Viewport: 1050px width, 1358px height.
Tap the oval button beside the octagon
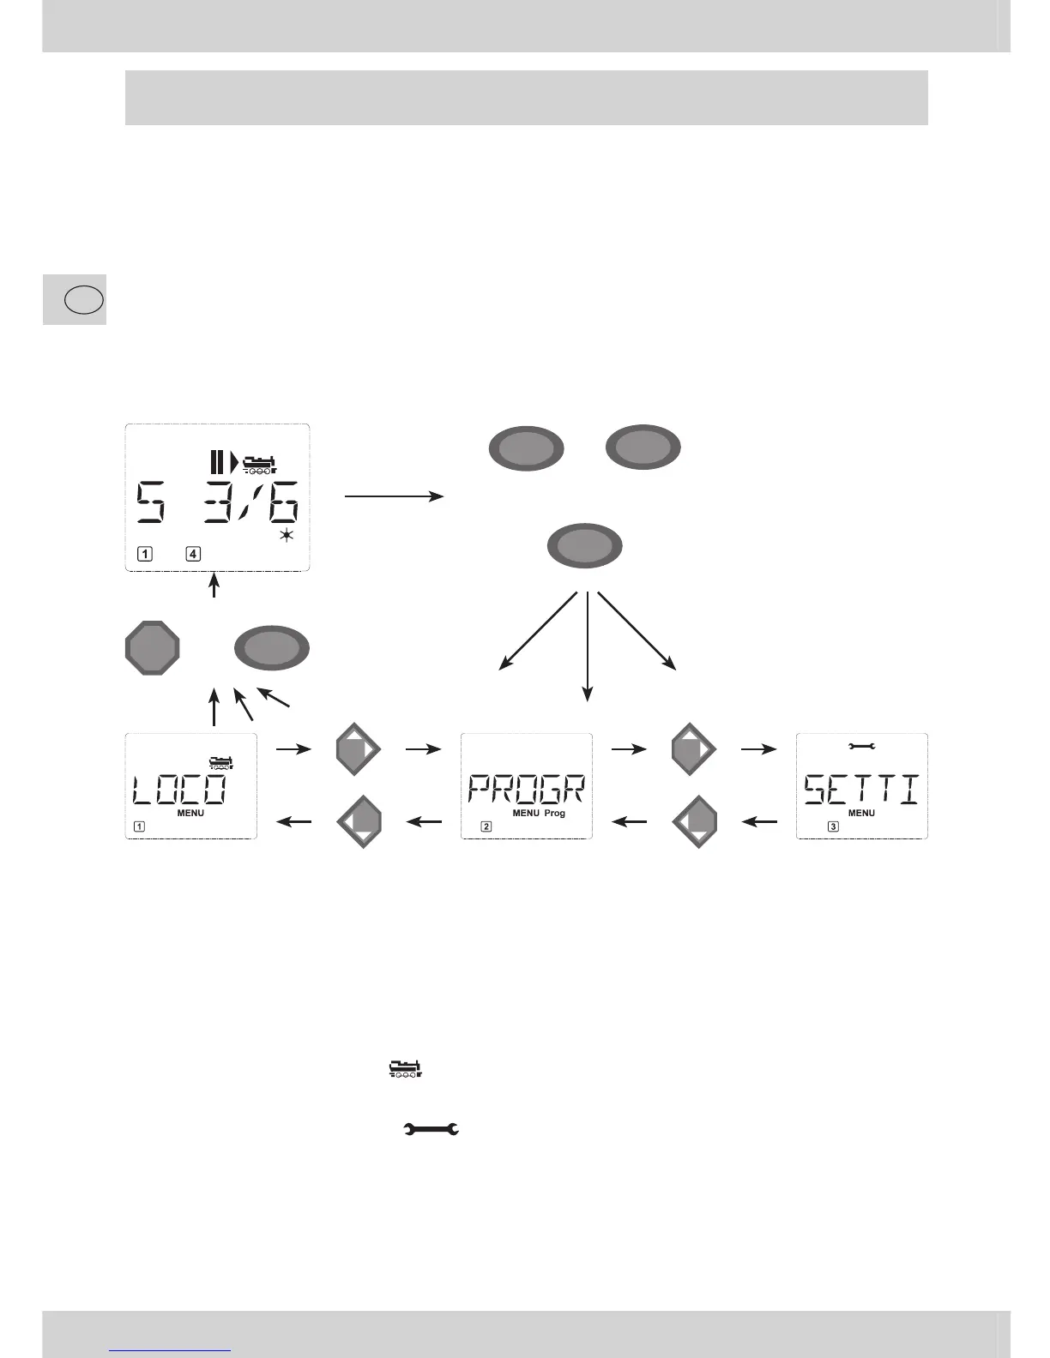pos(272,647)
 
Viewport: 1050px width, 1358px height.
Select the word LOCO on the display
pos(180,789)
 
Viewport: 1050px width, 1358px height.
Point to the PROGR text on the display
pos(526,789)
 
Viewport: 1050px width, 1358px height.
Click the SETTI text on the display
pos(861,789)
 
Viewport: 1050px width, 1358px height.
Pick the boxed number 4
pos(194,554)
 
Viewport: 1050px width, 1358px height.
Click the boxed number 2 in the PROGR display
pos(486,827)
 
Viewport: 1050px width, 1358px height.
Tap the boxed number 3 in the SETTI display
pos(833,827)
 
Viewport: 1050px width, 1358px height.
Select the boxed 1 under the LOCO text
pos(139,827)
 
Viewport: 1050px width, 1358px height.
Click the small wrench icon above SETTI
pos(861,747)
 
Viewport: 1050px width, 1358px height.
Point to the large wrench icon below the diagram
pos(431,1130)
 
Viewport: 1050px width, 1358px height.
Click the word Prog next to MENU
pos(554,813)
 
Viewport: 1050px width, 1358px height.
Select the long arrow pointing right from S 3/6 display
pos(394,496)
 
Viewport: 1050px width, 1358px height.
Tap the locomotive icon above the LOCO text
pos(220,761)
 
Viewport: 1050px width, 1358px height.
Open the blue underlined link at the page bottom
pos(171,1349)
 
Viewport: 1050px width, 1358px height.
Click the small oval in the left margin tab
pos(84,300)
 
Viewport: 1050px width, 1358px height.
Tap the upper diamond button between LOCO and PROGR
pos(357,749)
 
